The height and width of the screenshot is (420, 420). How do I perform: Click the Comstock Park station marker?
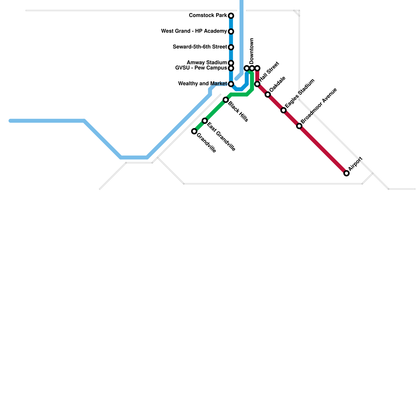click(x=231, y=16)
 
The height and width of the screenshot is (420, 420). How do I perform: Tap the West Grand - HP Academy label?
click(x=194, y=31)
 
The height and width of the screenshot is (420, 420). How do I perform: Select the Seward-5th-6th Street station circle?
click(x=231, y=47)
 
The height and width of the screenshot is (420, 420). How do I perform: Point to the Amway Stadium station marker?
click(x=231, y=63)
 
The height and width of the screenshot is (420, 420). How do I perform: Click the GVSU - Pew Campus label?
click(x=201, y=68)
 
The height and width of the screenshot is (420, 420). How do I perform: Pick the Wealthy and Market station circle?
click(x=231, y=84)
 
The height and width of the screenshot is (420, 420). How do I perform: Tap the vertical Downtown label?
click(x=252, y=51)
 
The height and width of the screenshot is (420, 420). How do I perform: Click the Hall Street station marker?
click(x=257, y=84)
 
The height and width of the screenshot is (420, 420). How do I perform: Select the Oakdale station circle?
click(x=268, y=94)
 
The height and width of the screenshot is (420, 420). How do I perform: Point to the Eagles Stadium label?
click(x=300, y=93)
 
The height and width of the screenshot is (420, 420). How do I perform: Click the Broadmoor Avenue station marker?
click(x=299, y=126)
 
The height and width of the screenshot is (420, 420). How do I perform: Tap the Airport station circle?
click(x=346, y=173)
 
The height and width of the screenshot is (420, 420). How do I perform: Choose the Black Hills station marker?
click(x=226, y=100)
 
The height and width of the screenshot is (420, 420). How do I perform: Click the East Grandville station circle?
click(x=205, y=121)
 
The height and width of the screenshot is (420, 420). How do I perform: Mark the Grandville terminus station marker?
click(x=194, y=131)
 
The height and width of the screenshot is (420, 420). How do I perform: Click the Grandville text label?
click(x=206, y=143)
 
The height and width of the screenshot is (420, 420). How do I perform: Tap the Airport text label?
click(x=355, y=164)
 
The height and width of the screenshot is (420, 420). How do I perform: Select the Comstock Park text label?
click(x=208, y=15)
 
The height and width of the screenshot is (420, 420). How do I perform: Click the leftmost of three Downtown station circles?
click(x=246, y=68)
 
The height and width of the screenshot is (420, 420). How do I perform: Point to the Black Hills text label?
click(x=238, y=112)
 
